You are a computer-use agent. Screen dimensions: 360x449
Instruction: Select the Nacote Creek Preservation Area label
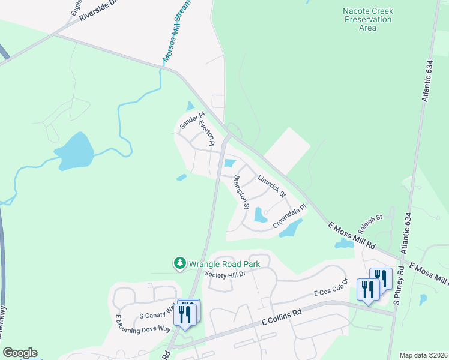[x=367, y=19]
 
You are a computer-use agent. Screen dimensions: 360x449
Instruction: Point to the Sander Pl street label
[x=192, y=121]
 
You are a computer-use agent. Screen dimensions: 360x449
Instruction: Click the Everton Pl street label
[x=207, y=132]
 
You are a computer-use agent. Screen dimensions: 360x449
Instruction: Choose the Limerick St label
[x=271, y=187]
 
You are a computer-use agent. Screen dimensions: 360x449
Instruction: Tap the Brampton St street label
[x=241, y=192]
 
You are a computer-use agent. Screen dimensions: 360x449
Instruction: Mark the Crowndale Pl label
[x=290, y=216]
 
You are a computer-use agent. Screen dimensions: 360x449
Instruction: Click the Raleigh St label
[x=370, y=226]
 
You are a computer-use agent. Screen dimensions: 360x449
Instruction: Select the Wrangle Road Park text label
[x=225, y=263]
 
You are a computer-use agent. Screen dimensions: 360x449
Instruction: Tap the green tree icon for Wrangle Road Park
[x=179, y=263]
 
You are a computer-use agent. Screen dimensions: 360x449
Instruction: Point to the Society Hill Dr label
[x=225, y=274]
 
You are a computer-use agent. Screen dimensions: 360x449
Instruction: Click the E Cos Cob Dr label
[x=331, y=287]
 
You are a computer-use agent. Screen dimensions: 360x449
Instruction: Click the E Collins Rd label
[x=281, y=318]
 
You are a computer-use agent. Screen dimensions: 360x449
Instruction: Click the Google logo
[x=20, y=353]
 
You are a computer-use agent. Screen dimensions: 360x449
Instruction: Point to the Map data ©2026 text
[x=423, y=355]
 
